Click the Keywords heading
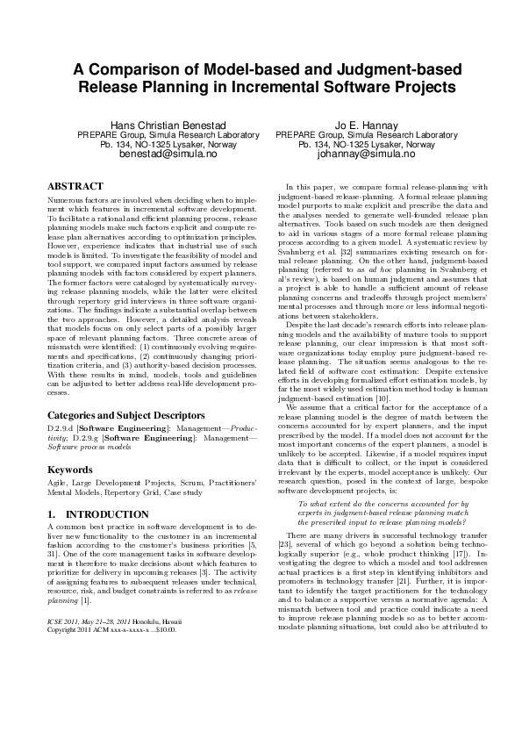[69, 470]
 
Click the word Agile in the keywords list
[57, 484]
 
